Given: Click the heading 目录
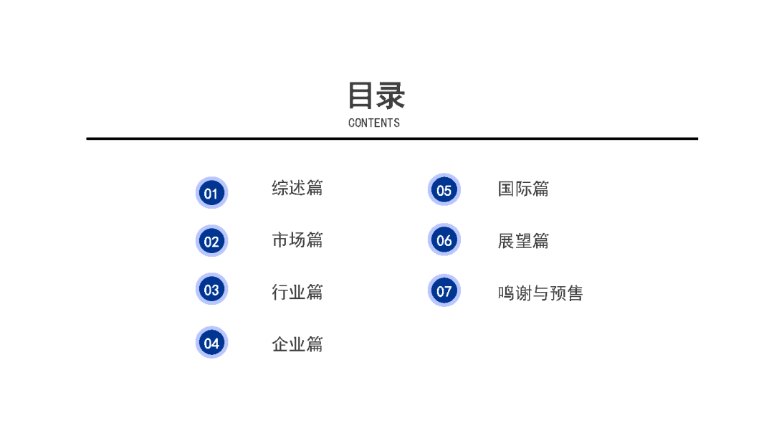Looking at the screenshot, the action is tap(376, 95).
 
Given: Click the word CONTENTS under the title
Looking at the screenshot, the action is tap(374, 123).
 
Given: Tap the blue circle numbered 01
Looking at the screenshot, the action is tap(211, 193).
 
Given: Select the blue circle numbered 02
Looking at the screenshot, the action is tap(211, 241).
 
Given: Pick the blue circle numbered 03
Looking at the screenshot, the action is tap(211, 290).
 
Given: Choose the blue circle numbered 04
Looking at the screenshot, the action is tap(211, 343).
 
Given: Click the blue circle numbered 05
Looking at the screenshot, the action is tap(444, 190).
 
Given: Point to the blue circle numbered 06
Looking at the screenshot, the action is tap(444, 240).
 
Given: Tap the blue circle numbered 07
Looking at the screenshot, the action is tap(444, 291).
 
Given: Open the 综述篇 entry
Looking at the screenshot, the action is tap(297, 188).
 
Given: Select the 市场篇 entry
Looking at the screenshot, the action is tap(297, 240).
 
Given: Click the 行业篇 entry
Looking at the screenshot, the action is tap(297, 292).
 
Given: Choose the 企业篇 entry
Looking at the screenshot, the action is tap(297, 344).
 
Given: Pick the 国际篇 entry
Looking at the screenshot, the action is tap(523, 189).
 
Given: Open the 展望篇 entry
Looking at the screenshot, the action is tap(523, 241).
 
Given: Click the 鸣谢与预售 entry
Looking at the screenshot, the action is tap(540, 293).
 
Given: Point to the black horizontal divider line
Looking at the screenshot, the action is tap(392, 138).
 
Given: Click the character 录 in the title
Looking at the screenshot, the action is tap(391, 95).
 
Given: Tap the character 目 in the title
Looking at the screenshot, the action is tap(361, 95).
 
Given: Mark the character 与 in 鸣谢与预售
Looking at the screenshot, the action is tap(540, 293).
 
